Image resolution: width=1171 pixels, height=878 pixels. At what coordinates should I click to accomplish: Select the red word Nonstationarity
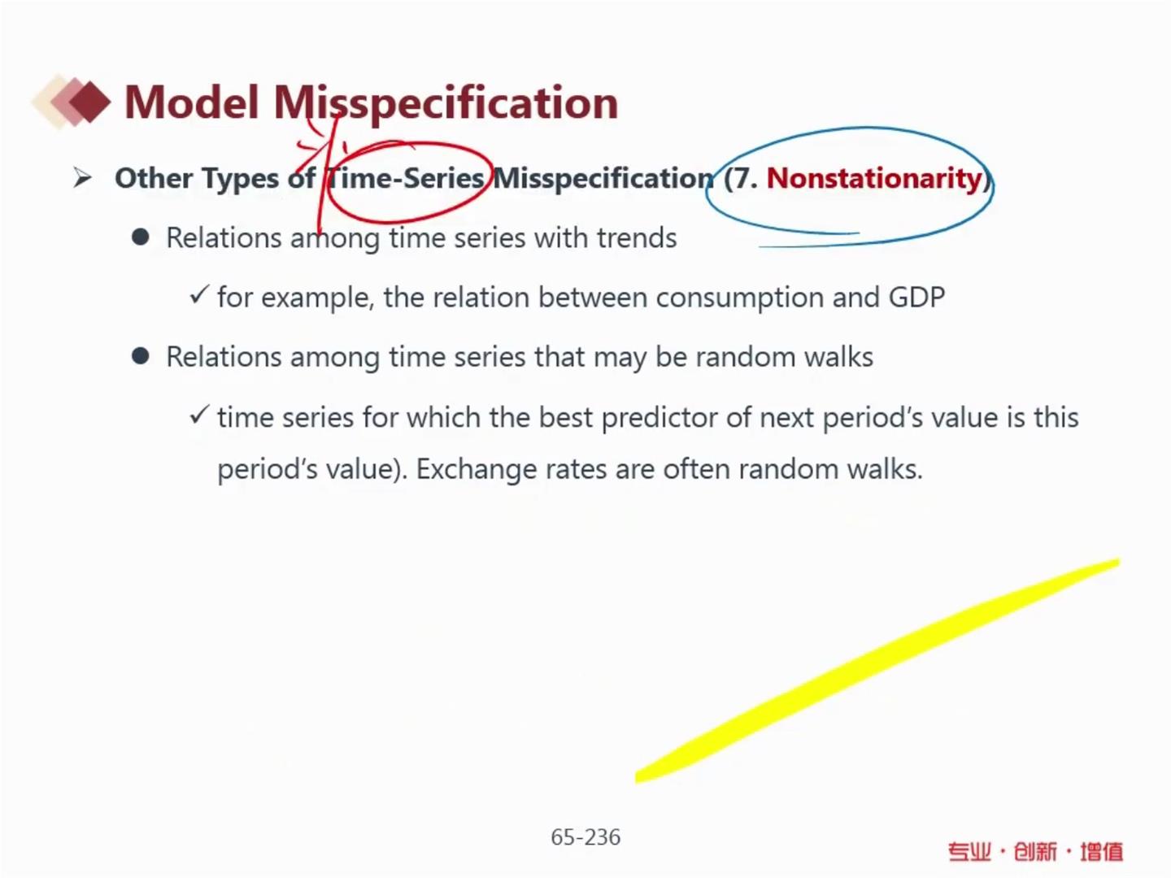tap(874, 179)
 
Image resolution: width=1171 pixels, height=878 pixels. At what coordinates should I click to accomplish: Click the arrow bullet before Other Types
tap(83, 177)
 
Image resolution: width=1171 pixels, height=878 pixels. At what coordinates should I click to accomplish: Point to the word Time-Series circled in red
tap(406, 177)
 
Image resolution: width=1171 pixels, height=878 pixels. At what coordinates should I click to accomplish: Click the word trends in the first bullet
tap(637, 237)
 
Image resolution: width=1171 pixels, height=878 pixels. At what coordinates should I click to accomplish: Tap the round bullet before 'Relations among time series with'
tap(141, 237)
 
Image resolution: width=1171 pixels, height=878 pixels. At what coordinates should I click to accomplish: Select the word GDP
tap(916, 297)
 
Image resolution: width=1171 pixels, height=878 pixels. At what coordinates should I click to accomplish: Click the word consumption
tap(739, 298)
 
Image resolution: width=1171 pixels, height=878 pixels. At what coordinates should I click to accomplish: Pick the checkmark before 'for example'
tap(198, 295)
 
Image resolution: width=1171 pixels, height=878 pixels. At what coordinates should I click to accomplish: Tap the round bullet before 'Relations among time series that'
tap(141, 356)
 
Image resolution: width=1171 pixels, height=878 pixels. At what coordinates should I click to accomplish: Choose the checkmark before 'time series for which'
tap(198, 415)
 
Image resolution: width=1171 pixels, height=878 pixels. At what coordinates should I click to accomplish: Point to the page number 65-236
tap(585, 837)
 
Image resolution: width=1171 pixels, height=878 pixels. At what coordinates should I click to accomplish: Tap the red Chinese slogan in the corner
tap(1035, 851)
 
